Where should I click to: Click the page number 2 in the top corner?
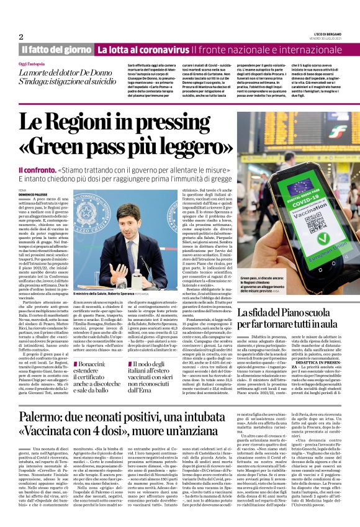pyautogui.click(x=21, y=37)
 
